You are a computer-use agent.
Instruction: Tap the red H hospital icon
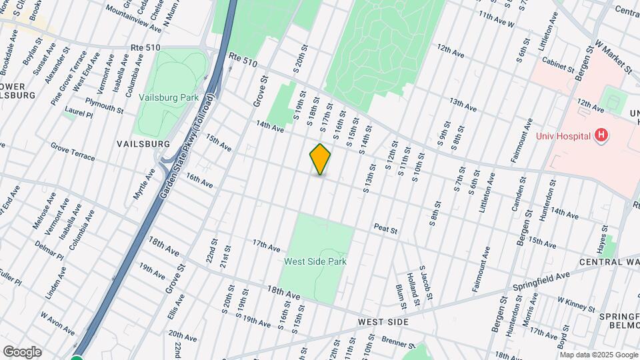tap(601, 136)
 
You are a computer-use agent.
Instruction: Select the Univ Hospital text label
tap(564, 137)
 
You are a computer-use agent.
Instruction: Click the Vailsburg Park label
tap(169, 97)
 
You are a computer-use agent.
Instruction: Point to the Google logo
tap(22, 351)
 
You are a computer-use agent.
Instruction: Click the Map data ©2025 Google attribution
tap(597, 355)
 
